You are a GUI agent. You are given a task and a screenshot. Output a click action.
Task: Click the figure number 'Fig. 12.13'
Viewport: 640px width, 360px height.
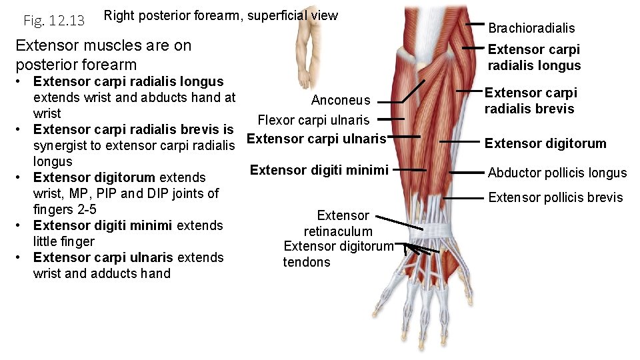coord(53,21)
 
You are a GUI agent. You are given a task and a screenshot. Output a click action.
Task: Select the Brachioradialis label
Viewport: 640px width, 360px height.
coord(531,28)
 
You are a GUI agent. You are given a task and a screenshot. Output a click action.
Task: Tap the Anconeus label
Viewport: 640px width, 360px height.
coord(341,100)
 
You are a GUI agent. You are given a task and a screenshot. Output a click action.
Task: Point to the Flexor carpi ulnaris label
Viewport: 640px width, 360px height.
coord(313,120)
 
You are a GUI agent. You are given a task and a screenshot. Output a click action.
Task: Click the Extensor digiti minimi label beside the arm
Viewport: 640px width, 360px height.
coord(319,170)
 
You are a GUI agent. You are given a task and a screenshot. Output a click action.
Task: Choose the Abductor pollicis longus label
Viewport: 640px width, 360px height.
coord(557,173)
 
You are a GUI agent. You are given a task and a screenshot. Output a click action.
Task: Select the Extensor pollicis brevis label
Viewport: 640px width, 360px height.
coord(556,197)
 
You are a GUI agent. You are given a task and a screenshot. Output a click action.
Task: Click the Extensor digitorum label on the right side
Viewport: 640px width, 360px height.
coord(545,143)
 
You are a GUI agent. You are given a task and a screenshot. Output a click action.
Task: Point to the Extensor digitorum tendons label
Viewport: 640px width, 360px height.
coord(339,254)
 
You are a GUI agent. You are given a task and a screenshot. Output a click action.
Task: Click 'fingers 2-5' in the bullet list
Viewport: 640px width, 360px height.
coord(65,209)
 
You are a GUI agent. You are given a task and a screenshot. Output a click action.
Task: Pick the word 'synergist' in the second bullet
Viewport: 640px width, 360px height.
coord(63,145)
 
